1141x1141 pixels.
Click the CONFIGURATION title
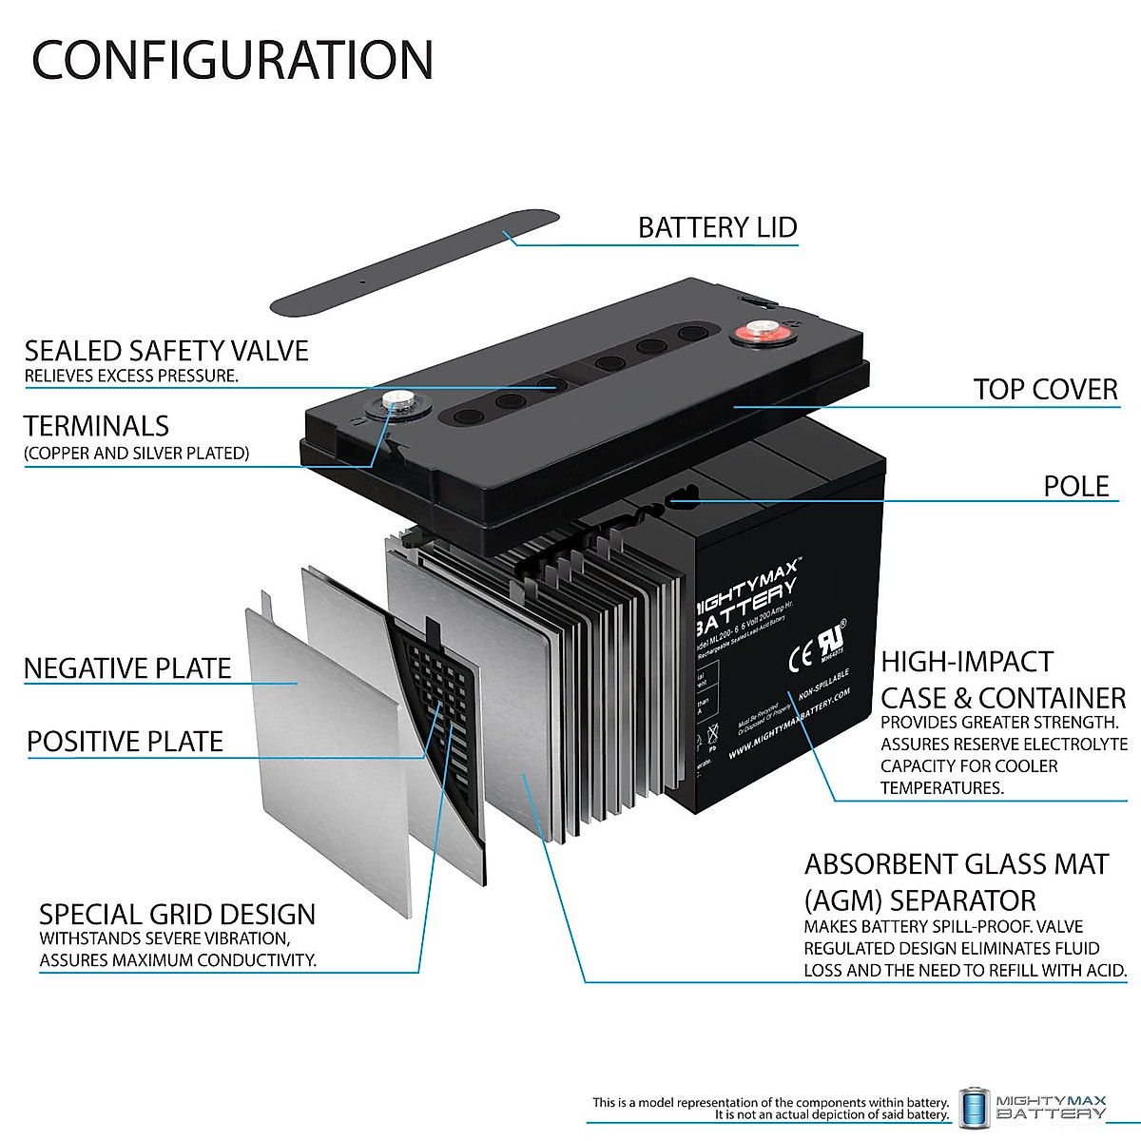click(x=233, y=60)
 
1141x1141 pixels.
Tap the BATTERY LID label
click(x=717, y=228)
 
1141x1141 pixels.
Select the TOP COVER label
click(x=1045, y=389)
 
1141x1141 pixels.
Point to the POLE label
click(x=1076, y=486)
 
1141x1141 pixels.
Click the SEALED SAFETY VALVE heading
click(x=166, y=351)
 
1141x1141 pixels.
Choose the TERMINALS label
click(x=96, y=426)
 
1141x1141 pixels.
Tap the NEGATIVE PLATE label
click(x=127, y=668)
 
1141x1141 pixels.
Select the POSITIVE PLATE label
click(x=125, y=742)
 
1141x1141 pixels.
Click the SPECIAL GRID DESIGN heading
click(x=177, y=915)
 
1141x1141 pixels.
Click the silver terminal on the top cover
click(x=395, y=402)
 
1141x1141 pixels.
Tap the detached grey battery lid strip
click(x=414, y=263)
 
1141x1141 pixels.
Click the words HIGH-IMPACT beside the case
click(x=967, y=662)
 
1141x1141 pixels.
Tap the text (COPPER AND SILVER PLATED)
click(x=137, y=454)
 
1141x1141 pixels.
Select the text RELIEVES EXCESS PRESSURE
click(x=131, y=377)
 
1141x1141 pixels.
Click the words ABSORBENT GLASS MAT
click(x=957, y=864)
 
